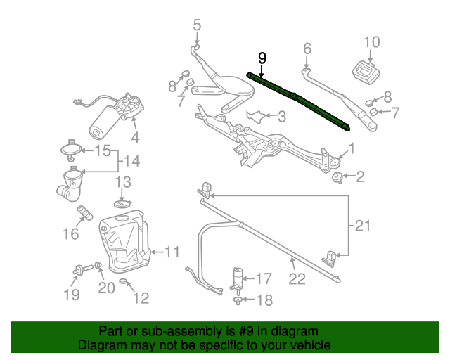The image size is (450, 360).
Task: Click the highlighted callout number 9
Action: (x=262, y=58)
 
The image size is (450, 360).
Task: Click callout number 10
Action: (x=372, y=41)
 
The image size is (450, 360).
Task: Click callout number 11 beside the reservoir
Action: (x=173, y=250)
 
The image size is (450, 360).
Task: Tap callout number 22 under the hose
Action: (x=297, y=279)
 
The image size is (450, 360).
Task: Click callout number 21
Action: (x=361, y=226)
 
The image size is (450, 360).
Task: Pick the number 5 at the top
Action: (x=197, y=25)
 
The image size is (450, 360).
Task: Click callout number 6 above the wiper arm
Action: (x=307, y=49)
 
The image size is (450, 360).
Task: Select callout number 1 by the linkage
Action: (x=352, y=148)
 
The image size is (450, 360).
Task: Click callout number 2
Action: (x=359, y=176)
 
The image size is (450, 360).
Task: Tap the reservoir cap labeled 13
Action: (x=122, y=202)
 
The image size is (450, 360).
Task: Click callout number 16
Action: (x=71, y=233)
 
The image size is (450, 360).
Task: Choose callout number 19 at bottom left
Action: (x=72, y=294)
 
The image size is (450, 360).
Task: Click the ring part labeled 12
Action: (x=124, y=283)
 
